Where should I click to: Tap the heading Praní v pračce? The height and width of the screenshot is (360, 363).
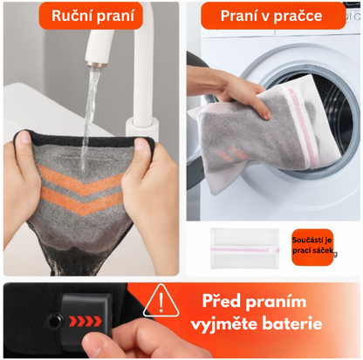coord(271,16)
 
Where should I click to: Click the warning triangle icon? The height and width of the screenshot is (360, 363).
coord(161,301)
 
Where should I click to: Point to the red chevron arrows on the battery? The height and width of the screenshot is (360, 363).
coord(86,321)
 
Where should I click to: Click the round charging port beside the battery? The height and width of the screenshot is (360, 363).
coord(53,322)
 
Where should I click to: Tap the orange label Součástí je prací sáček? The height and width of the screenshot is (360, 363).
coord(312,247)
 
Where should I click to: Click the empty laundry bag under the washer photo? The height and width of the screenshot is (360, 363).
coord(244,248)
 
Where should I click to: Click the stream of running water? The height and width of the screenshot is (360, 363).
coord(89,116)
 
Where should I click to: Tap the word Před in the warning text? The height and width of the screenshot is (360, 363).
coord(221,301)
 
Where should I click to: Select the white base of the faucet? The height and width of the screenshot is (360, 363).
coord(142,128)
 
